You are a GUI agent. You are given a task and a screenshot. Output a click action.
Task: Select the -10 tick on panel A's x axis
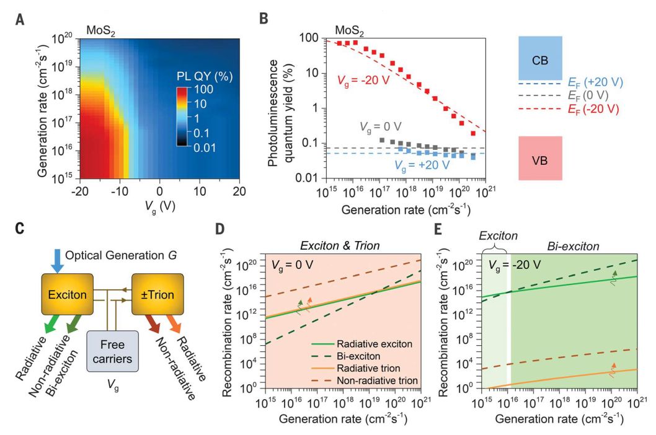pyautogui.click(x=122, y=192)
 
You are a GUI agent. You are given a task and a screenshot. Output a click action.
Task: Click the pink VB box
pyautogui.click(x=540, y=159)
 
